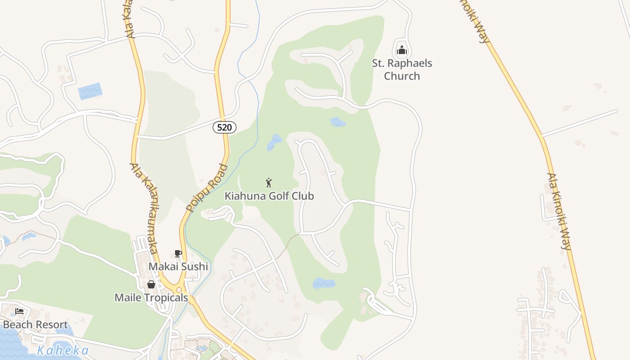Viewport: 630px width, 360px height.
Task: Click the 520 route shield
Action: tap(224, 127)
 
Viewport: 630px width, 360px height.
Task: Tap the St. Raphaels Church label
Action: tap(402, 69)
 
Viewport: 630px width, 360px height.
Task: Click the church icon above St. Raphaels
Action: tap(402, 49)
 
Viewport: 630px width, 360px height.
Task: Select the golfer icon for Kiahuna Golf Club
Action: tap(269, 183)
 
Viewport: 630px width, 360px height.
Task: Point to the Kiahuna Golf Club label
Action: tap(269, 196)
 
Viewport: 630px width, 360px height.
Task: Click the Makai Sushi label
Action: tap(178, 266)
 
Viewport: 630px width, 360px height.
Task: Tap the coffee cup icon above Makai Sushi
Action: tap(178, 253)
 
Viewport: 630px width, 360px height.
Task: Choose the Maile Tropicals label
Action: tap(151, 297)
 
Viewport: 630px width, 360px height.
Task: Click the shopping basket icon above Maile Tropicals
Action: tap(151, 284)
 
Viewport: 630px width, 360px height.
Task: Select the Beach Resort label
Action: tap(35, 324)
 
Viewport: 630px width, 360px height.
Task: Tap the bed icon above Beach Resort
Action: tap(19, 311)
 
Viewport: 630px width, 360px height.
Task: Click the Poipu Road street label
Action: tap(207, 188)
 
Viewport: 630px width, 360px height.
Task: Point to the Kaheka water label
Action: tap(63, 350)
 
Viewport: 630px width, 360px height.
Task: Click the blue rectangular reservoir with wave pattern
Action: tap(90, 91)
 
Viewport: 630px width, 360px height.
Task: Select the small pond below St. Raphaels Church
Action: tap(337, 121)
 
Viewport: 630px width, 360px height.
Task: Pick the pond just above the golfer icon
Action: tap(274, 142)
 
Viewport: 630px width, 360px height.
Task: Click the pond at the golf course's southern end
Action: tap(324, 283)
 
